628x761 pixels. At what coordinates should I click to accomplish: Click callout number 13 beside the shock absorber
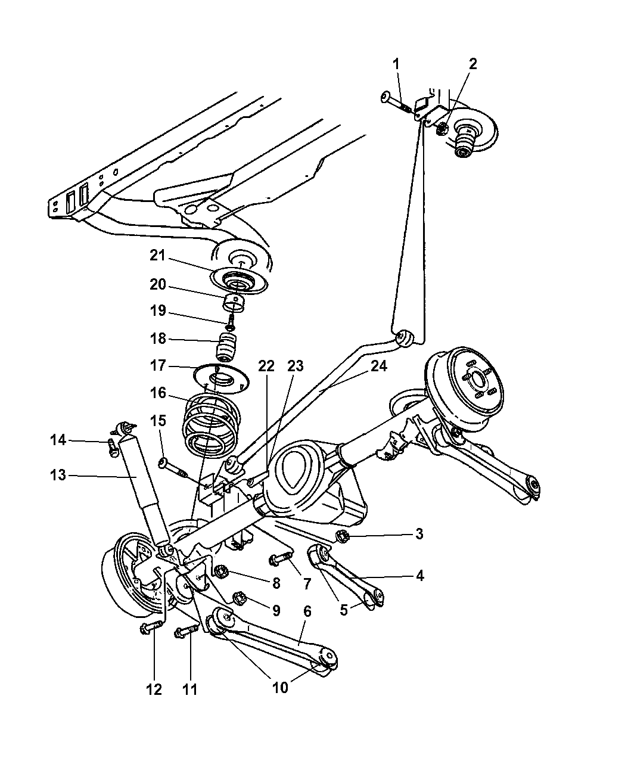[58, 476]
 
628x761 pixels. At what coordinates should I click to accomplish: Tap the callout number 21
[158, 256]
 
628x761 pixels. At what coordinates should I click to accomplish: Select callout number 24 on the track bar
[379, 366]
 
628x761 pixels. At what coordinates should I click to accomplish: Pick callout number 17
[158, 365]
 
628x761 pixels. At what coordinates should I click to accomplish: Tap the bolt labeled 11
[187, 632]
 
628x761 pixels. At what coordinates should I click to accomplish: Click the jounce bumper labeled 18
[226, 346]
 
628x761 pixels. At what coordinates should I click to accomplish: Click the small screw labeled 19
[231, 321]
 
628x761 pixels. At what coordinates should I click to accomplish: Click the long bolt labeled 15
[173, 469]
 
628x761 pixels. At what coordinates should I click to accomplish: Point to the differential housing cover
[300, 470]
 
